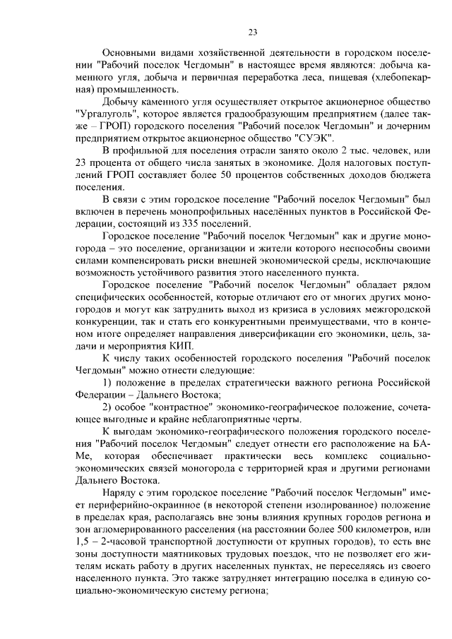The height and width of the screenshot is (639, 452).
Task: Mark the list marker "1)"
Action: (108, 383)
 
